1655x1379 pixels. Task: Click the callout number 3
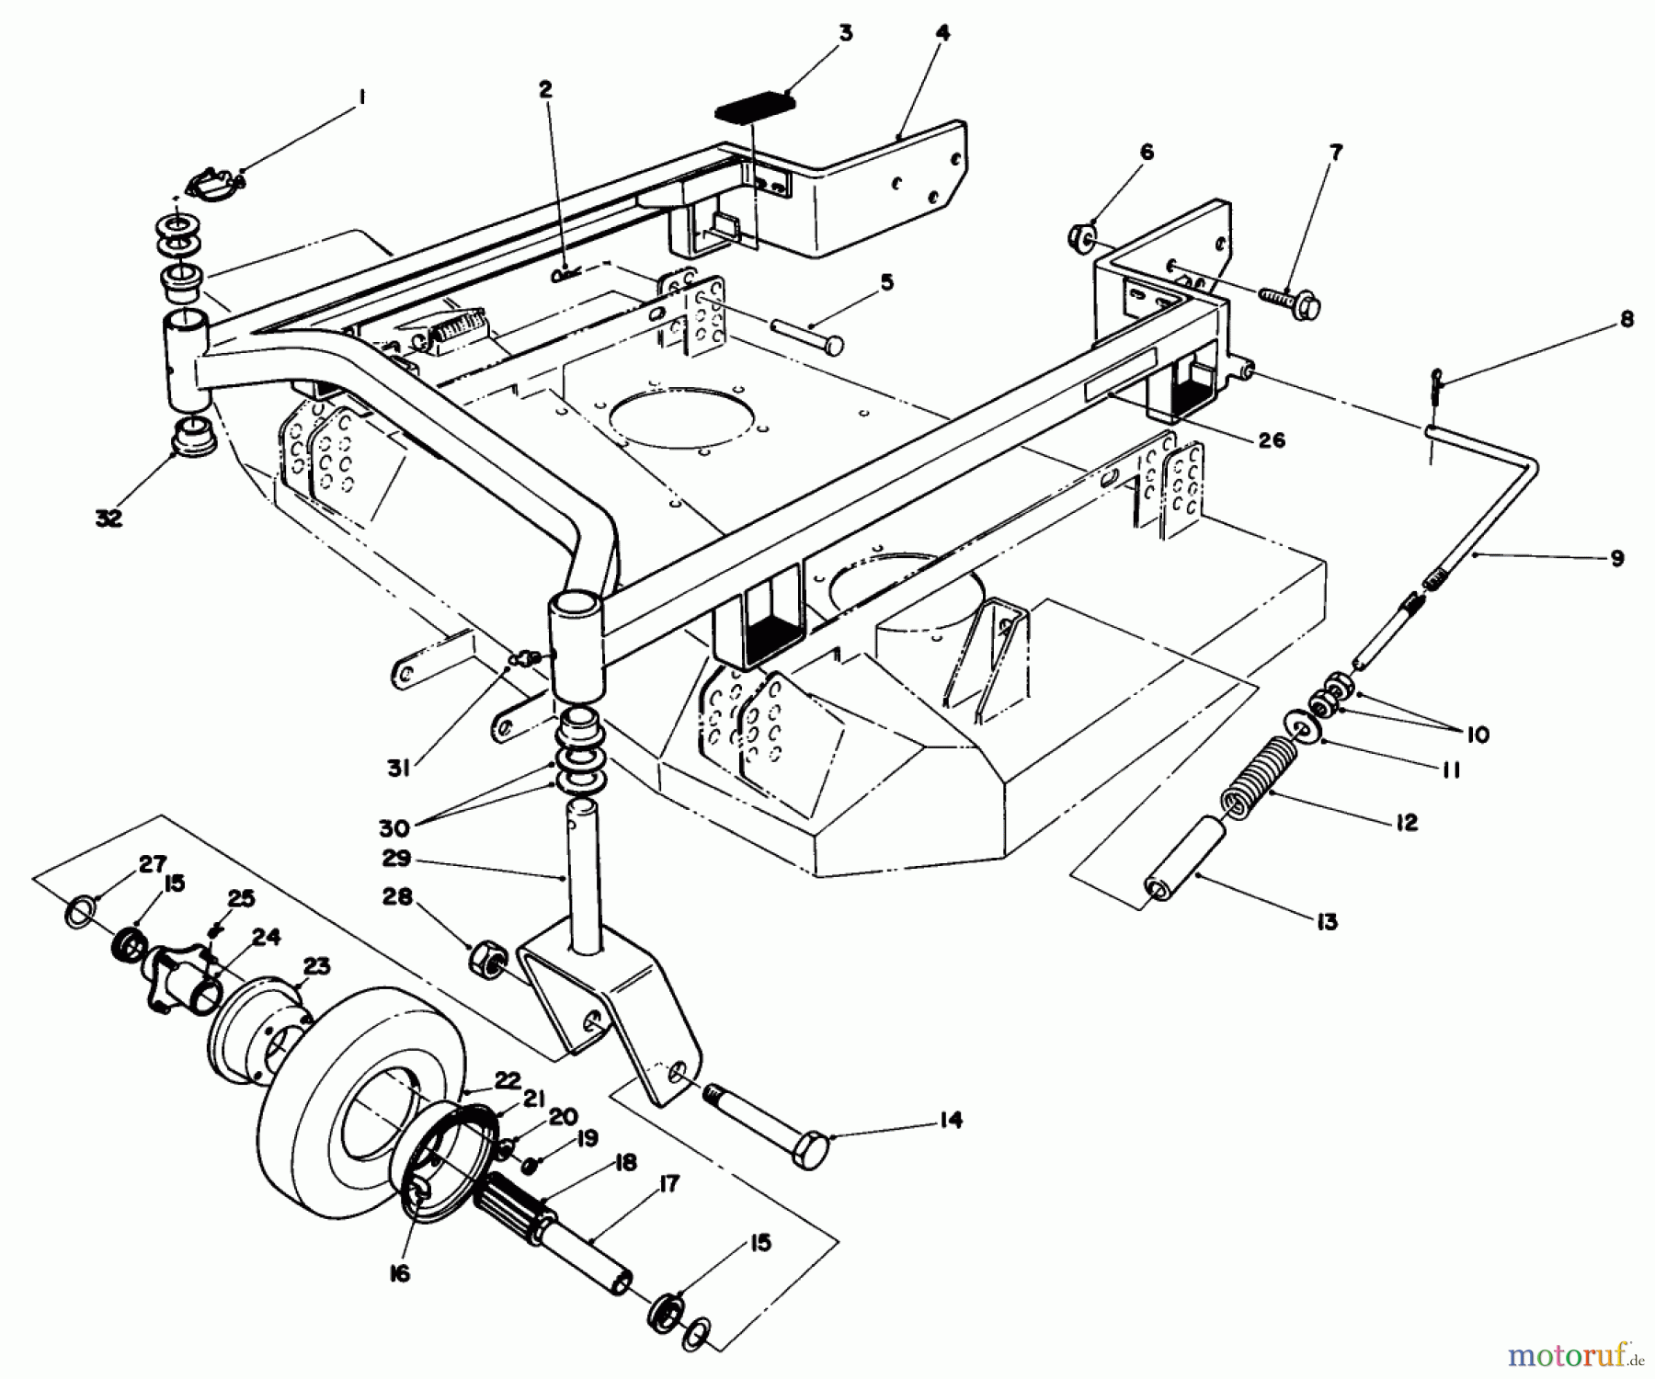[x=845, y=34]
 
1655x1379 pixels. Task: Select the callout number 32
[x=108, y=519]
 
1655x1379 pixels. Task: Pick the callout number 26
[x=1273, y=440]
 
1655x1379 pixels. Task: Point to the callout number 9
[x=1617, y=558]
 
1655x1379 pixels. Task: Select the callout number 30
[x=394, y=828]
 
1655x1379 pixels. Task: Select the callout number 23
[x=316, y=967]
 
